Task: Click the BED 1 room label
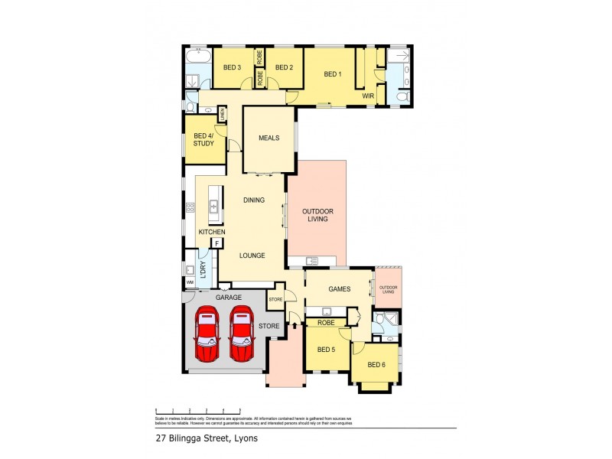pyautogui.click(x=331, y=74)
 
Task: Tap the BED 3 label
pyautogui.click(x=233, y=67)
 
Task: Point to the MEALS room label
pyautogui.click(x=269, y=138)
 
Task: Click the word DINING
pyautogui.click(x=254, y=200)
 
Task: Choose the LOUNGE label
pyautogui.click(x=252, y=256)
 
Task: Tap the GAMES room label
pyautogui.click(x=339, y=289)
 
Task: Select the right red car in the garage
pyautogui.click(x=242, y=334)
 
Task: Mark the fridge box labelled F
pyautogui.click(x=217, y=243)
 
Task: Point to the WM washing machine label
pyautogui.click(x=189, y=282)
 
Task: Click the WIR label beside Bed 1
pyautogui.click(x=368, y=96)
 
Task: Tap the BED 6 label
pyautogui.click(x=377, y=364)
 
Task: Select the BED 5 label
pyautogui.click(x=326, y=350)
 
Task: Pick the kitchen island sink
pyautogui.click(x=214, y=207)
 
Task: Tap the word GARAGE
pyautogui.click(x=228, y=297)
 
